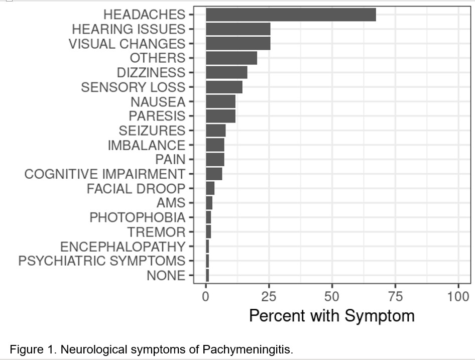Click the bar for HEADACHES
[x=291, y=15]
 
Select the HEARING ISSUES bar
[x=238, y=29]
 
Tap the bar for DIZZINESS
[x=226, y=72]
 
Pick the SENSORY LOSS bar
[x=224, y=87]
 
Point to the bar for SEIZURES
[x=216, y=131]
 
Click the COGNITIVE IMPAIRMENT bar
[x=214, y=174]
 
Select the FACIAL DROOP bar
[x=210, y=188]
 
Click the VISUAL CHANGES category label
[x=127, y=44]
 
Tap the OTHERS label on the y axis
[x=158, y=58]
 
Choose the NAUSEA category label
[x=158, y=101]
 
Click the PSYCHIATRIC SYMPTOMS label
[x=102, y=261]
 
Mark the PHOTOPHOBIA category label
[x=138, y=217]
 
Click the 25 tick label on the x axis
[x=269, y=296]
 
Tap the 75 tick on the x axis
[x=395, y=296]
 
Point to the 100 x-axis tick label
[x=458, y=296]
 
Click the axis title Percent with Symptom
[x=332, y=316]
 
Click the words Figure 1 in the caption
[x=30, y=349]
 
